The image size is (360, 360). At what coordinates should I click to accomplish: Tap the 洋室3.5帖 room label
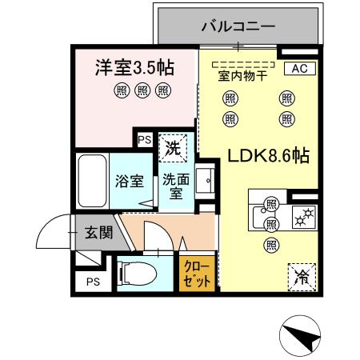[x=131, y=67]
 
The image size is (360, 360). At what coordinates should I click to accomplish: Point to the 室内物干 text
[x=242, y=76]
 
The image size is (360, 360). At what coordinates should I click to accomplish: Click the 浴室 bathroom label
[x=130, y=181]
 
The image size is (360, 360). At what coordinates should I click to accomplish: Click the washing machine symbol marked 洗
[x=171, y=146]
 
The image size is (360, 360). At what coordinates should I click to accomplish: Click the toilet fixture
[x=136, y=273]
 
